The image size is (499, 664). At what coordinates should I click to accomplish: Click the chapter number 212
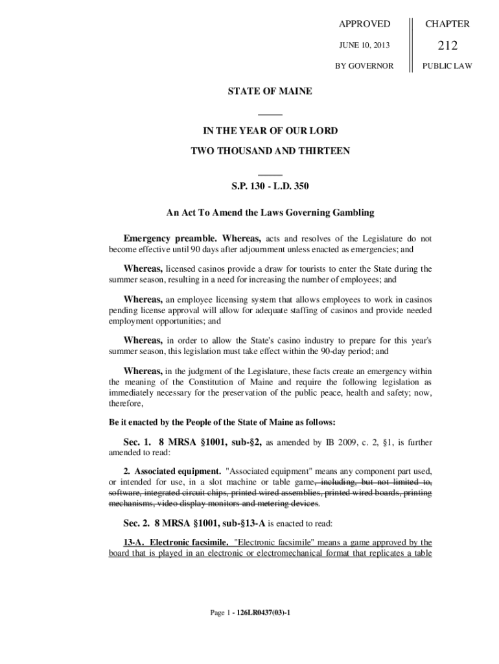(447, 45)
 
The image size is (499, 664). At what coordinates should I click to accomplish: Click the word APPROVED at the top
(365, 24)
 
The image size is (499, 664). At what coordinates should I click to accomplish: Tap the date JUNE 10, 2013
(365, 45)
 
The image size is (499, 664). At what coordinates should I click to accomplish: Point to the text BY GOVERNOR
(364, 65)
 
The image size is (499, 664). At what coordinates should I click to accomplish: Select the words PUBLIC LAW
(447, 65)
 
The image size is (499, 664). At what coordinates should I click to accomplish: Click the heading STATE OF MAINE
(270, 91)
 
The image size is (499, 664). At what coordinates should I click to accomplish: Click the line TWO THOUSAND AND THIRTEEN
(270, 151)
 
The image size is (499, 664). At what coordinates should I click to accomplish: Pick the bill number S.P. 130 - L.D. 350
(270, 187)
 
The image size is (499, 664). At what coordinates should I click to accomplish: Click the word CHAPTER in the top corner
(447, 24)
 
